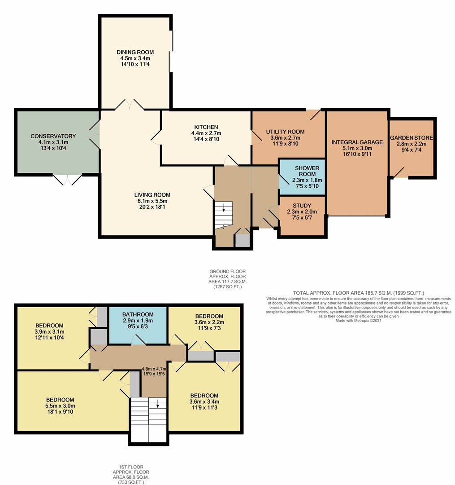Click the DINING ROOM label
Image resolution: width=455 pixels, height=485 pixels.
click(x=135, y=52)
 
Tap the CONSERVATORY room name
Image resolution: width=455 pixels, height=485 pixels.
click(x=53, y=136)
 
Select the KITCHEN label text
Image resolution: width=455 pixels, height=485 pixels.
click(x=206, y=127)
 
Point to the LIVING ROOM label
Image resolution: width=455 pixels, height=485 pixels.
click(x=152, y=195)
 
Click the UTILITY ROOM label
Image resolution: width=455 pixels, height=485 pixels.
click(x=285, y=132)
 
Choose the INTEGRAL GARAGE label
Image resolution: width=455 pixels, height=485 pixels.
click(x=357, y=142)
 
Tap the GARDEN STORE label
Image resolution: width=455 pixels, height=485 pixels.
click(x=412, y=138)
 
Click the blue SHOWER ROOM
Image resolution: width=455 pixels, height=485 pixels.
click(x=302, y=177)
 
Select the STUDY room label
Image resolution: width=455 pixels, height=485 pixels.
click(x=302, y=206)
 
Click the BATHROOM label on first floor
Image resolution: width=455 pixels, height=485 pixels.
click(x=138, y=314)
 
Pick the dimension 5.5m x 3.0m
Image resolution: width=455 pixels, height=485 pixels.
click(x=60, y=406)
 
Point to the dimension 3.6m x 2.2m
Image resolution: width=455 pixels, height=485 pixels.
click(x=209, y=322)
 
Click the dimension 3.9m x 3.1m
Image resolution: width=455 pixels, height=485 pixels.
click(x=49, y=331)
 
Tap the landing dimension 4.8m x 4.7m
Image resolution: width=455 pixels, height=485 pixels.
click(x=154, y=369)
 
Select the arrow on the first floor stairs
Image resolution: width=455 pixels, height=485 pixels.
click(x=158, y=404)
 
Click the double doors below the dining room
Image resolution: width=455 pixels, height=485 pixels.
click(x=130, y=105)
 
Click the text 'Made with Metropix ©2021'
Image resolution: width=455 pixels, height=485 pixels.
click(x=358, y=321)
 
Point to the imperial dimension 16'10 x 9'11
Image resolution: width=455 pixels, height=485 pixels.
click(x=357, y=154)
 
